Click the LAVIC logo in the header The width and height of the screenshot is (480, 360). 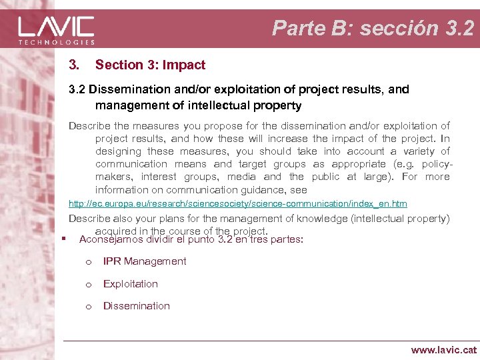[57, 27]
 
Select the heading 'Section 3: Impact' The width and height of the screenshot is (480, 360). [150, 65]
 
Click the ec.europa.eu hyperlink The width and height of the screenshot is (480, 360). [238, 203]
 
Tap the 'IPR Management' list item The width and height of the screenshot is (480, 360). [145, 261]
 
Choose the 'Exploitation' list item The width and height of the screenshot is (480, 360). [131, 283]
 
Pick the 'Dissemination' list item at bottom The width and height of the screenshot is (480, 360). [137, 306]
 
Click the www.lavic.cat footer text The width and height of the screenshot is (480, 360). [444, 349]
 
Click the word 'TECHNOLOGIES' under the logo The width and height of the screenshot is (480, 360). [57, 42]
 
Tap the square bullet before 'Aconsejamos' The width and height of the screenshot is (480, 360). [62, 239]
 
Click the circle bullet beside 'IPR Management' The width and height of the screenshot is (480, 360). [87, 262]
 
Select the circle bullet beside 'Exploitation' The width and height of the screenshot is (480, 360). [87, 284]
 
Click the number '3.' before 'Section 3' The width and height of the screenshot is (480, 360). [75, 65]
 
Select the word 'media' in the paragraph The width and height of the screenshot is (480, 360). [241, 177]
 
